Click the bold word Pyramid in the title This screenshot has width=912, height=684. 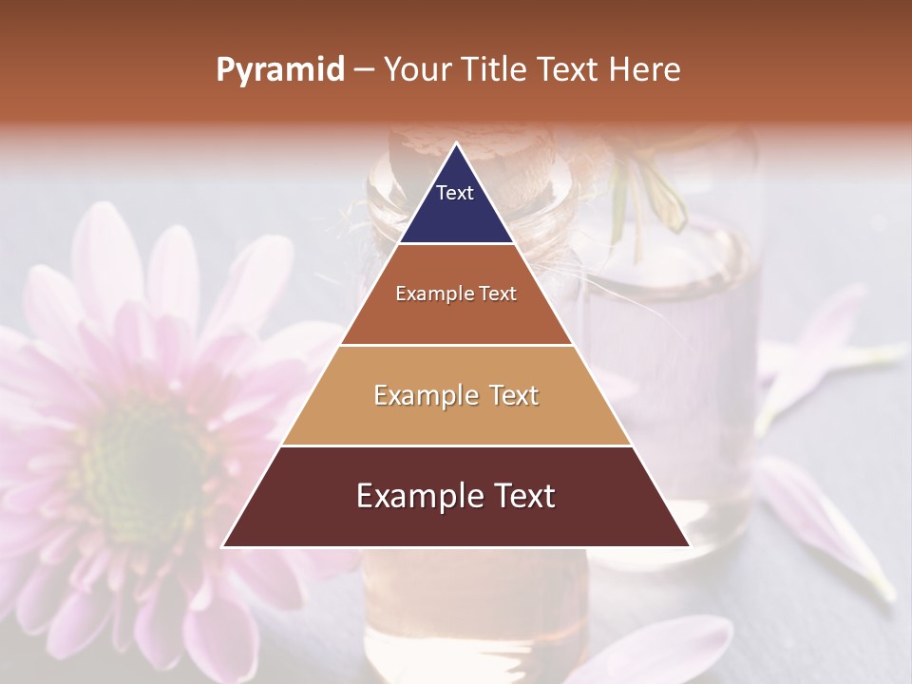coord(279,70)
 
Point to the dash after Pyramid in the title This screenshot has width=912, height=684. coord(363,71)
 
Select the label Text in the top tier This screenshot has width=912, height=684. coord(455,193)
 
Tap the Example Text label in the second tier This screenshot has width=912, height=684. coord(456,294)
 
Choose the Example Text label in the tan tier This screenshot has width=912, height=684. coord(456,395)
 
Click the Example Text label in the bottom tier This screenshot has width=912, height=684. coord(456,496)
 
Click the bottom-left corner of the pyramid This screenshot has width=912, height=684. coord(223,546)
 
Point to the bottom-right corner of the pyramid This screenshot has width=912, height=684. coord(689,546)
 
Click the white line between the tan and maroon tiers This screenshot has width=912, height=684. coord(456,446)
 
